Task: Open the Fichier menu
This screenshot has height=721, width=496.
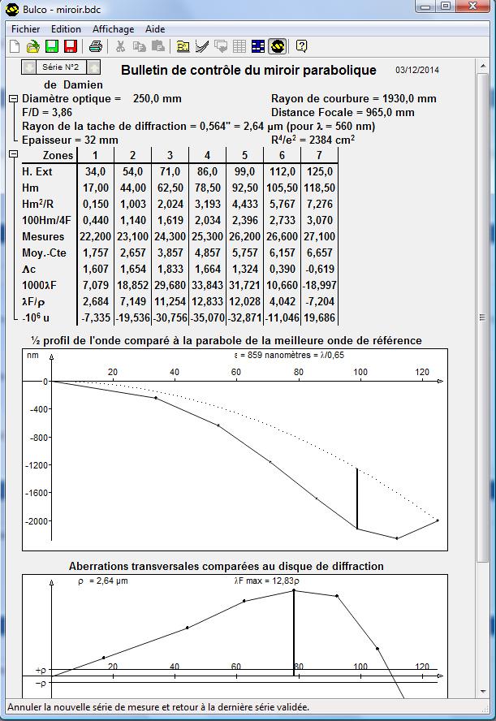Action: [x=24, y=28]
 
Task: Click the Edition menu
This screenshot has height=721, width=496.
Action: [x=66, y=28]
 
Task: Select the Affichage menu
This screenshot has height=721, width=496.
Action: [x=113, y=28]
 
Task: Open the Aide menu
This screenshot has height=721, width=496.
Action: [x=155, y=28]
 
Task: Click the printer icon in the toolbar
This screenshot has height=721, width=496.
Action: [x=95, y=46]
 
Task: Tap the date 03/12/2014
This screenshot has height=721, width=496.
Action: [x=417, y=71]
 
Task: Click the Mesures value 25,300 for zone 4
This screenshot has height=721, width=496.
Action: [x=206, y=236]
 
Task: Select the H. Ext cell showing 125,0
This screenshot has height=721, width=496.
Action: [x=318, y=171]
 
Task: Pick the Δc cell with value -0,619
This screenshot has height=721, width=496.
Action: [x=318, y=269]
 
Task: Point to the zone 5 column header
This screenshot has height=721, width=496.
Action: [x=244, y=155]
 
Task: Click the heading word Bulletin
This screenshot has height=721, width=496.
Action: [x=146, y=71]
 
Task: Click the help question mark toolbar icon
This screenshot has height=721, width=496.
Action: [x=301, y=46]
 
